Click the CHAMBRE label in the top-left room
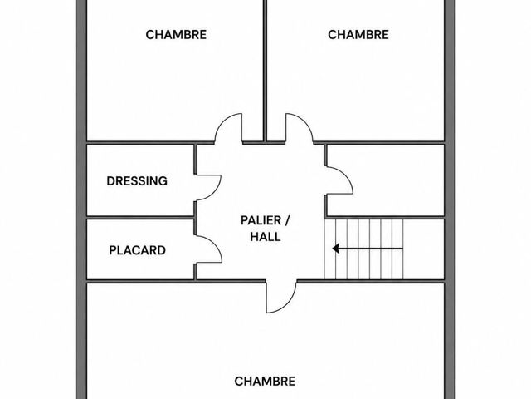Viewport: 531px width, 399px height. point(176,35)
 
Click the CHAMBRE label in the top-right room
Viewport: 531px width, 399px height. point(358,35)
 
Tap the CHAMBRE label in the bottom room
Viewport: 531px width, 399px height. point(265,382)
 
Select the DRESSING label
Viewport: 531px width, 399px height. point(137,181)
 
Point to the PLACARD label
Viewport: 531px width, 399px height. point(138,250)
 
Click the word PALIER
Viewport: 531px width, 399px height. point(261,220)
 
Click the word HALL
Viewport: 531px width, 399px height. point(265,236)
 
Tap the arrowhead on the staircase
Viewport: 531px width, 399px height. point(335,249)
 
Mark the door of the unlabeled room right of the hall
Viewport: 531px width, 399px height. point(346,175)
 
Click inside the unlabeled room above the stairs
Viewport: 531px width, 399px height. point(385,180)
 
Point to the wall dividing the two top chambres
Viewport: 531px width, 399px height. point(265,71)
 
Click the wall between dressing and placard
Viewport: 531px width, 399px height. point(140,217)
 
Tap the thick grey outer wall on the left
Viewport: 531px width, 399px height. point(81,199)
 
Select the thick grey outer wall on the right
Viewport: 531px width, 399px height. point(450,199)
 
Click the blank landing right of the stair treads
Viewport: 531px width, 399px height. point(424,249)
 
